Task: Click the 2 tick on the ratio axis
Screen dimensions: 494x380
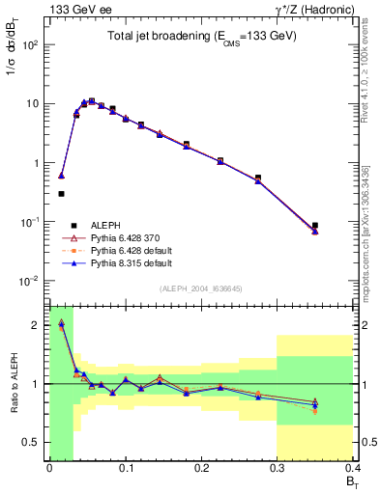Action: pos(37,324)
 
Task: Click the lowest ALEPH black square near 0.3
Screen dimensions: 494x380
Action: pos(61,194)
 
